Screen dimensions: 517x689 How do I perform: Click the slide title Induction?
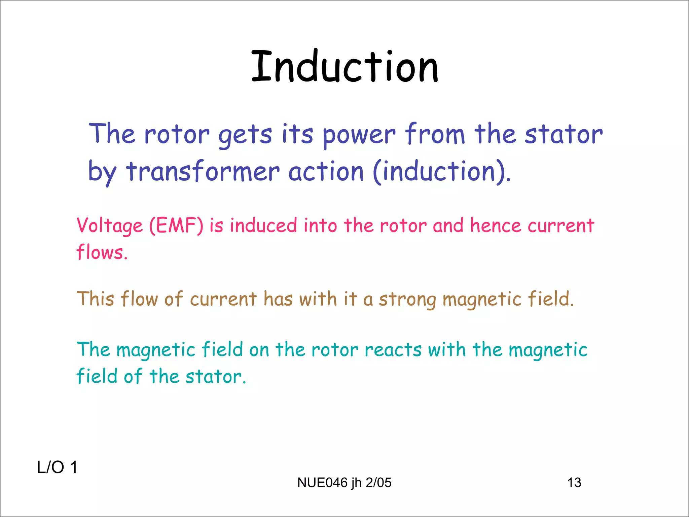tap(344, 66)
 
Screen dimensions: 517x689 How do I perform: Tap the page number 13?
tap(574, 483)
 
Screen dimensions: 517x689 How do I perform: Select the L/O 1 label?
tap(57, 467)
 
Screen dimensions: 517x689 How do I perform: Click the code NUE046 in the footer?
tap(322, 483)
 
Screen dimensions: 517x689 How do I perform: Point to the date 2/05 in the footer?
tap(378, 483)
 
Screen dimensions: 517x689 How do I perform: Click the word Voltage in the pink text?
tap(110, 226)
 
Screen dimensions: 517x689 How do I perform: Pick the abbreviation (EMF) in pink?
tap(176, 226)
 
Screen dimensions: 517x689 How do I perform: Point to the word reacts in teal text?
tap(393, 350)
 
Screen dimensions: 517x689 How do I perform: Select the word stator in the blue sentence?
tap(564, 134)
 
